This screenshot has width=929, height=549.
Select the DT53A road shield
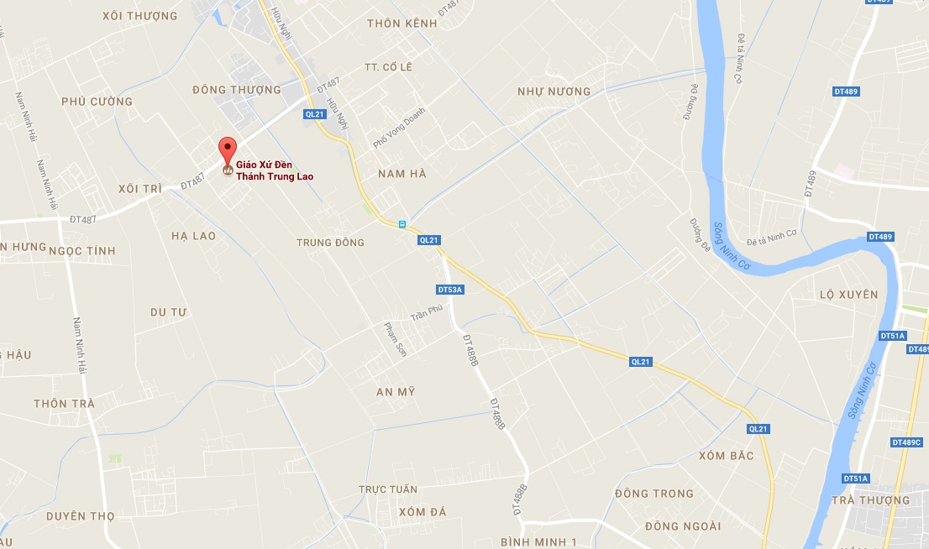pyautogui.click(x=450, y=289)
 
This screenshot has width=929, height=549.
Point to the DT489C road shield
pyautogui.click(x=906, y=442)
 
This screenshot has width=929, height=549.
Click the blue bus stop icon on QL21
pyautogui.click(x=402, y=224)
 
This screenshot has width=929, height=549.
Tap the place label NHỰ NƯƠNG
pyautogui.click(x=554, y=91)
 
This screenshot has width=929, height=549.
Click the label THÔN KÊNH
pyautogui.click(x=402, y=24)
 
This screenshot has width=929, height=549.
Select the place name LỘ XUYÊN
pyautogui.click(x=848, y=295)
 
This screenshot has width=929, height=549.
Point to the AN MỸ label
pyautogui.click(x=396, y=392)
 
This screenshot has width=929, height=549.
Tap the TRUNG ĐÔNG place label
pyautogui.click(x=330, y=243)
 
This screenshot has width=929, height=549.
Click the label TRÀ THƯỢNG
pyautogui.click(x=870, y=500)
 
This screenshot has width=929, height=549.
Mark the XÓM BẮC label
pyautogui.click(x=726, y=456)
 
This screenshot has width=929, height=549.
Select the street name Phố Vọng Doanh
pyautogui.click(x=400, y=128)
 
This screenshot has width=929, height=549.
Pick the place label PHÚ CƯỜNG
pyautogui.click(x=97, y=102)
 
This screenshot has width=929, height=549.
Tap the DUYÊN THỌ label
pyautogui.click(x=81, y=516)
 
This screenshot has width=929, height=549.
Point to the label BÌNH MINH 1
pyautogui.click(x=538, y=542)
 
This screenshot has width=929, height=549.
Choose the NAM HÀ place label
pyautogui.click(x=402, y=174)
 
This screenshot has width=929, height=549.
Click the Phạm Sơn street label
pyautogui.click(x=395, y=340)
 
